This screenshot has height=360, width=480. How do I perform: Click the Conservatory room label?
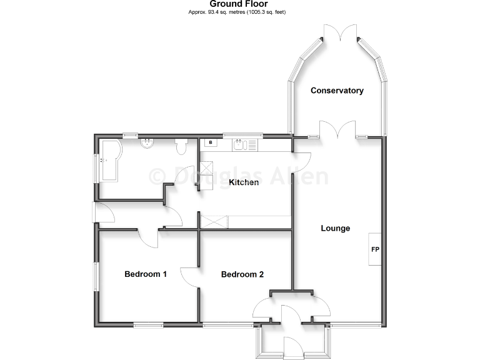pos(337,91)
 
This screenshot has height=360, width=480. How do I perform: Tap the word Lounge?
pos(336,228)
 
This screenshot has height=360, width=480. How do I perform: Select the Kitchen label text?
pos(243,182)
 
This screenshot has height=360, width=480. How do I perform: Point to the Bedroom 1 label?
pos(145,274)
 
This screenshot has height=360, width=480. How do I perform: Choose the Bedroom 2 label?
pos(242,274)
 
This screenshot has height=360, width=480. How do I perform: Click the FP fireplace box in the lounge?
pos(376,249)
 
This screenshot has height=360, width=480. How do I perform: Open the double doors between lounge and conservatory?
pos(338,130)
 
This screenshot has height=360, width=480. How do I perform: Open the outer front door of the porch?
pos(292,347)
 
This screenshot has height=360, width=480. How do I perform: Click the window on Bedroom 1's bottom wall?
pos(148,324)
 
